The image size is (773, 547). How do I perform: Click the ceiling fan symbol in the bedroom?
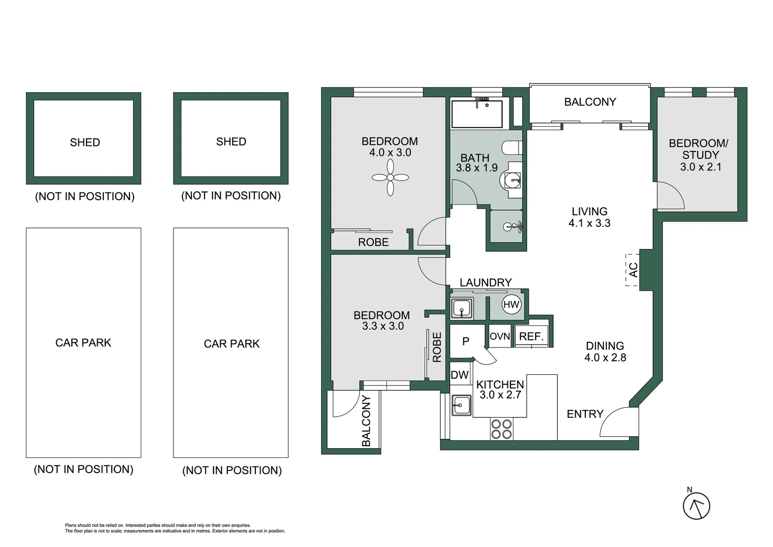tap(390, 177)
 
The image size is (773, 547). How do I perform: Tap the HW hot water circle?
tap(511, 304)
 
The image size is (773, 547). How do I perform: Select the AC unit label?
tap(633, 270)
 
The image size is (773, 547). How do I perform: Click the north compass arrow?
tap(696, 506)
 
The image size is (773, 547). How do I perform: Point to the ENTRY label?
tap(585, 414)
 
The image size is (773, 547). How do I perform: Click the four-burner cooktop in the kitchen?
tap(501, 429)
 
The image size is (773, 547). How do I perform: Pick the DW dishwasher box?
tap(459, 375)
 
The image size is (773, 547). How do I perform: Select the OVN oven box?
tap(500, 337)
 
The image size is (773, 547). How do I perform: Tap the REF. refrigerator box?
tap(531, 337)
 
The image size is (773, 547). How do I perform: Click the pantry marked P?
tap(466, 341)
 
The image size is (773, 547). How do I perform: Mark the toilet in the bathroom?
tap(511, 148)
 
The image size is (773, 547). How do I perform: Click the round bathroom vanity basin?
tap(510, 180)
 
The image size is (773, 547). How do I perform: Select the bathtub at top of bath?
tap(477, 114)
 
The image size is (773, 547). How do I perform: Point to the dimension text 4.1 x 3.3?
tap(589, 223)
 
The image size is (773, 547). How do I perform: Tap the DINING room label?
tap(605, 346)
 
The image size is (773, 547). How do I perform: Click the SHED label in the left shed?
tap(85, 142)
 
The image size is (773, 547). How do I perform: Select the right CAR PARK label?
tap(231, 344)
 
